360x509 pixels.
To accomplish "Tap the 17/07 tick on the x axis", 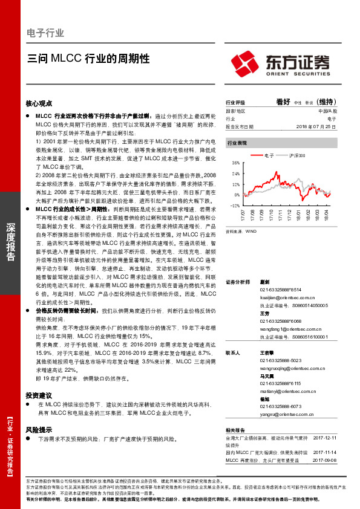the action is [x=243, y=215].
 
